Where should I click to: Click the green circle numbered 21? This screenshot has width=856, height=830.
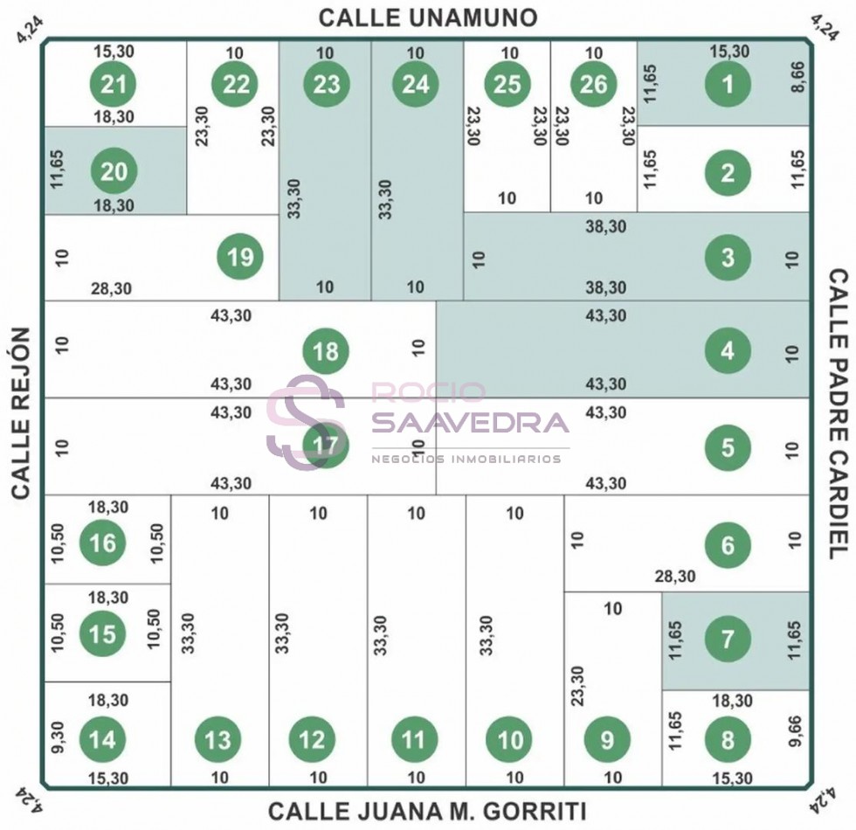[x=113, y=84]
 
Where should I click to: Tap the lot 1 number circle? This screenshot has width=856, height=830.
[x=728, y=84]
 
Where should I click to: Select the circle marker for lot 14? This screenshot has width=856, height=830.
[x=103, y=739]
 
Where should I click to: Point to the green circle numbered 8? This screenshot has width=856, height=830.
[x=728, y=740]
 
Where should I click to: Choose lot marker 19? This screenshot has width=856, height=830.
[x=240, y=256]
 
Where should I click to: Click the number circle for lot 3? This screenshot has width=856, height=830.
[x=728, y=257]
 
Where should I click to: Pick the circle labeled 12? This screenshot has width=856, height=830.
[x=313, y=739]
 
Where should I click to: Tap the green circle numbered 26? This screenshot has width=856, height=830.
[x=593, y=84]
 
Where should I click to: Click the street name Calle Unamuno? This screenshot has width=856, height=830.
[x=428, y=17]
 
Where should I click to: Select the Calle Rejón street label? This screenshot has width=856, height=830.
[x=20, y=412]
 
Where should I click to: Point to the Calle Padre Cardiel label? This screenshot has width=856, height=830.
[x=839, y=414]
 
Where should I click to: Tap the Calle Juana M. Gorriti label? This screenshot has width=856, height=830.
[x=427, y=812]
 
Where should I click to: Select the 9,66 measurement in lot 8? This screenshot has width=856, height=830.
[x=796, y=731]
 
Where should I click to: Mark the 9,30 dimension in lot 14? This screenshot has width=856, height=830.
[x=58, y=737]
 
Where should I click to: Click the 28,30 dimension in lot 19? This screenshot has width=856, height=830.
[x=112, y=288]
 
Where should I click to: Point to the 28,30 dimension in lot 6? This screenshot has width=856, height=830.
[x=675, y=576]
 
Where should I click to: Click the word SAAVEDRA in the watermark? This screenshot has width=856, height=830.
[x=471, y=421]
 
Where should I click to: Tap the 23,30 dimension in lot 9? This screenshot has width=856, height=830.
[x=577, y=686]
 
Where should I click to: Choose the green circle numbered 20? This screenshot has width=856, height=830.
[x=114, y=171]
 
